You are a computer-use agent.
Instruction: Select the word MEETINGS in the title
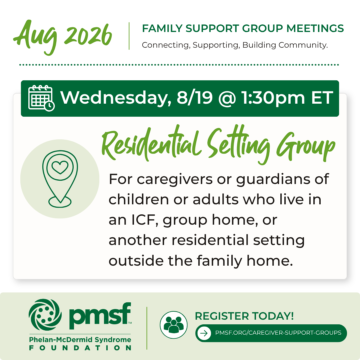coord(315,28)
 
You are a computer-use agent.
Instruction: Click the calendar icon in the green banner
coord(41,98)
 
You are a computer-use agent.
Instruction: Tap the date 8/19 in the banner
coord(195,98)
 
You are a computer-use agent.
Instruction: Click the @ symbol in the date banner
coord(227,98)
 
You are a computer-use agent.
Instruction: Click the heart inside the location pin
coord(60,167)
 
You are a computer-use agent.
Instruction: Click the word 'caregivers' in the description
coord(175,179)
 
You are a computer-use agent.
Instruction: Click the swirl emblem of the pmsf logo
coord(45,315)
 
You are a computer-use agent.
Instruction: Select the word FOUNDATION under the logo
coord(80,348)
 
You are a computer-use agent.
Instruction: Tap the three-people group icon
coord(174,325)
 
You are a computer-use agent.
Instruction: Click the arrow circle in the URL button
coord(204,333)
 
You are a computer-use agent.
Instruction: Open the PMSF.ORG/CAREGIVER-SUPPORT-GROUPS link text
coord(278,333)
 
